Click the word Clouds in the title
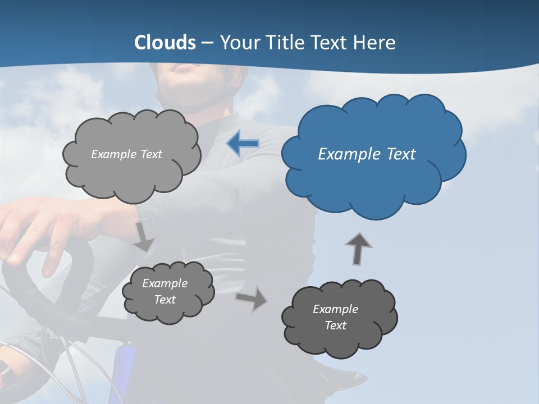click(165, 43)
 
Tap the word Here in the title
click(374, 43)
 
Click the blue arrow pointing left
click(243, 144)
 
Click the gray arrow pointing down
click(144, 236)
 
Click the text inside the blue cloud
click(367, 154)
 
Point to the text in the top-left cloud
click(126, 154)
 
